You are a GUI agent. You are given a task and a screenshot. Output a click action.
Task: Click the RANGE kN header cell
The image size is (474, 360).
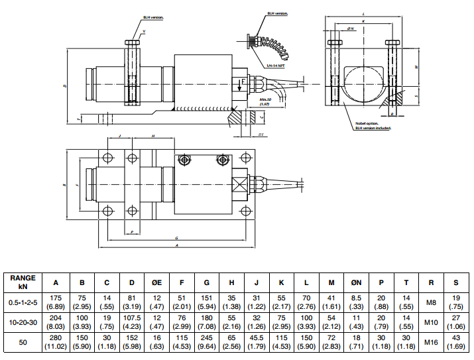click(23, 282)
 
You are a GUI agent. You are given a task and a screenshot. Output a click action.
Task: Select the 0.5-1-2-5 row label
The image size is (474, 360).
click(23, 302)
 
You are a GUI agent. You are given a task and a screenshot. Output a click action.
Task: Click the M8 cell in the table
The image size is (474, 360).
click(431, 302)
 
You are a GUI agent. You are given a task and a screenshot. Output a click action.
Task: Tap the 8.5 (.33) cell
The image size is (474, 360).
click(357, 302)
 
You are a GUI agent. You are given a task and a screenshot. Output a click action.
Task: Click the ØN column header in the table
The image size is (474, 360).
click(357, 282)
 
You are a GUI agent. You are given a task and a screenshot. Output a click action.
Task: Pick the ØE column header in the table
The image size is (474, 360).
click(156, 282)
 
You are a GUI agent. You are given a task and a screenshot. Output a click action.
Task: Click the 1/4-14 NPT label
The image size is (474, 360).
click(276, 66)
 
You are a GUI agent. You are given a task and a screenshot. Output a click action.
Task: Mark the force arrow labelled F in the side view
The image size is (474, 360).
click(240, 84)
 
